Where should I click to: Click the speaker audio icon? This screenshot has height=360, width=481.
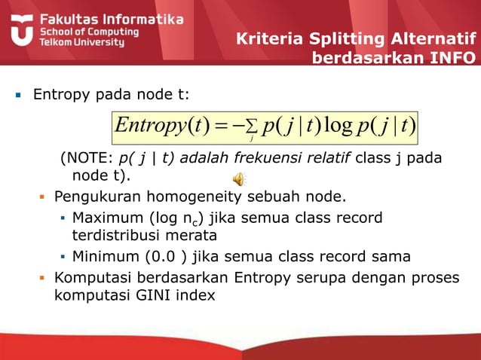(x=238, y=178)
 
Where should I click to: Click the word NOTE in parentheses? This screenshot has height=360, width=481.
(x=85, y=158)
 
